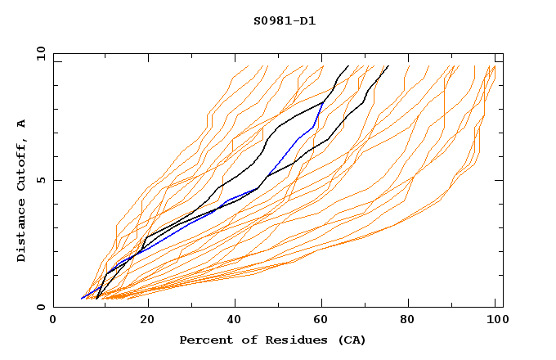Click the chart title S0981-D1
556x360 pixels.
285,21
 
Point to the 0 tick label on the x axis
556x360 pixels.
53,322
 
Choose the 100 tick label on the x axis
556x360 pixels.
495,322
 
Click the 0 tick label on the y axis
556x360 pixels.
39,308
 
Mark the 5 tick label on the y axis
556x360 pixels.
39,180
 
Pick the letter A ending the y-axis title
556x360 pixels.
22,123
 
